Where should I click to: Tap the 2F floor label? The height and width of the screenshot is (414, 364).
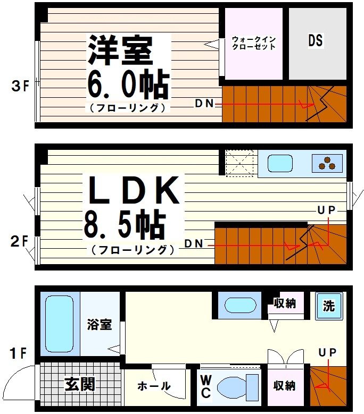point(19,242)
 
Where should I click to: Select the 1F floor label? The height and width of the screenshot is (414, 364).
point(18,352)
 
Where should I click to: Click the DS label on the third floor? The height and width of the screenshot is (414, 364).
point(315,40)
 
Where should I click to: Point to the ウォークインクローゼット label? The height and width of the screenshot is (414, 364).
point(254,43)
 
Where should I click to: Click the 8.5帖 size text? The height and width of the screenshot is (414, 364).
point(123,226)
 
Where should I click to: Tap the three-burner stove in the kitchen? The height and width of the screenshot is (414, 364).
point(327,163)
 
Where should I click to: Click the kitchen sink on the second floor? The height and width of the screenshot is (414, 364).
point(281,163)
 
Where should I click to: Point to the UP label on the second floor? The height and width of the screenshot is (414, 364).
point(326,210)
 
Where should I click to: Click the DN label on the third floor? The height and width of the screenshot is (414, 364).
point(204,104)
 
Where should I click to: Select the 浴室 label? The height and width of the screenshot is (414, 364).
point(100,324)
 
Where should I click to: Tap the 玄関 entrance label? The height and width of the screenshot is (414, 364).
point(80,384)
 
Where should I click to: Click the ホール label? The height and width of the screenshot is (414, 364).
point(154,386)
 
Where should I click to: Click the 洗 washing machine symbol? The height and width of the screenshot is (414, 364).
point(329,306)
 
